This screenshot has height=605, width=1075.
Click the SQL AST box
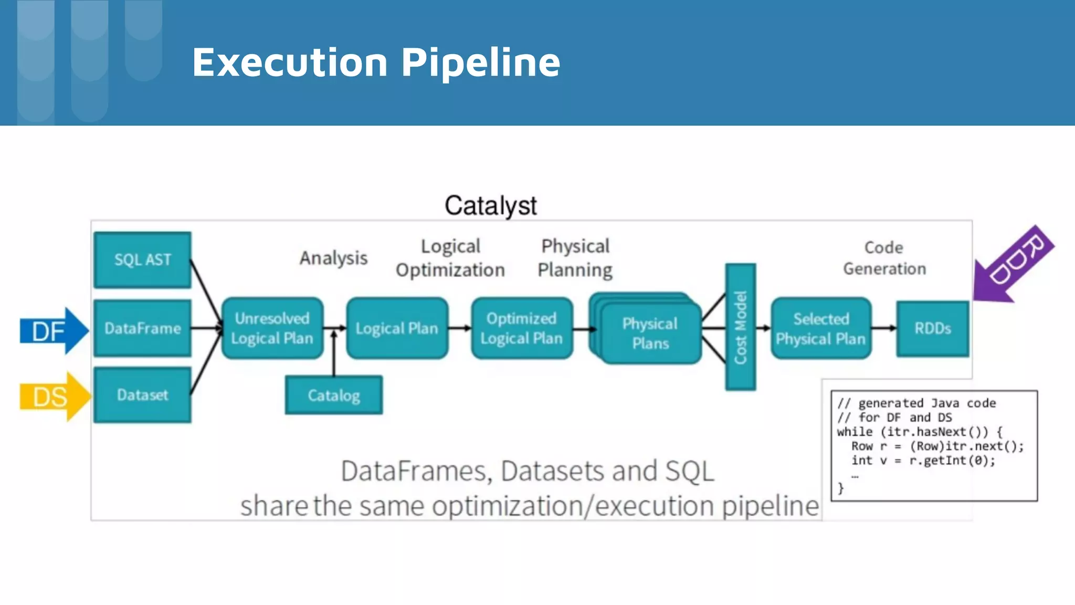pyautogui.click(x=142, y=259)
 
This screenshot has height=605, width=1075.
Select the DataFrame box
pyautogui.click(x=142, y=328)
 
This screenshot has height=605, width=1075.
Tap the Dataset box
pyautogui.click(x=142, y=394)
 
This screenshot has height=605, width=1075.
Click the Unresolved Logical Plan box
pyautogui.click(x=272, y=328)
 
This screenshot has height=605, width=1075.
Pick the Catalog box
pyautogui.click(x=334, y=395)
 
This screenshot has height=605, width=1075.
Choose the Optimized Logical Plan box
pyautogui.click(x=521, y=328)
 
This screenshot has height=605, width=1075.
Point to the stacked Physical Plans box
pyautogui.click(x=650, y=333)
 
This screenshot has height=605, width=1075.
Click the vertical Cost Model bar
pyautogui.click(x=740, y=327)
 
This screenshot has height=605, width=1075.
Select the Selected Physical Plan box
pyautogui.click(x=820, y=328)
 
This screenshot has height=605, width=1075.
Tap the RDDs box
pyautogui.click(x=932, y=328)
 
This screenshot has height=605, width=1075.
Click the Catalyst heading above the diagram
pyautogui.click(x=490, y=205)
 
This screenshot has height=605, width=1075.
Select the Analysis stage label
pyautogui.click(x=333, y=258)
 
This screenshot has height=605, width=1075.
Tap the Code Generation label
pyautogui.click(x=884, y=258)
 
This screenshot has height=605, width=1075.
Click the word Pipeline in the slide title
pyautogui.click(x=480, y=62)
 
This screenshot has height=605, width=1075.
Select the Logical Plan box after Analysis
pyautogui.click(x=397, y=328)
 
